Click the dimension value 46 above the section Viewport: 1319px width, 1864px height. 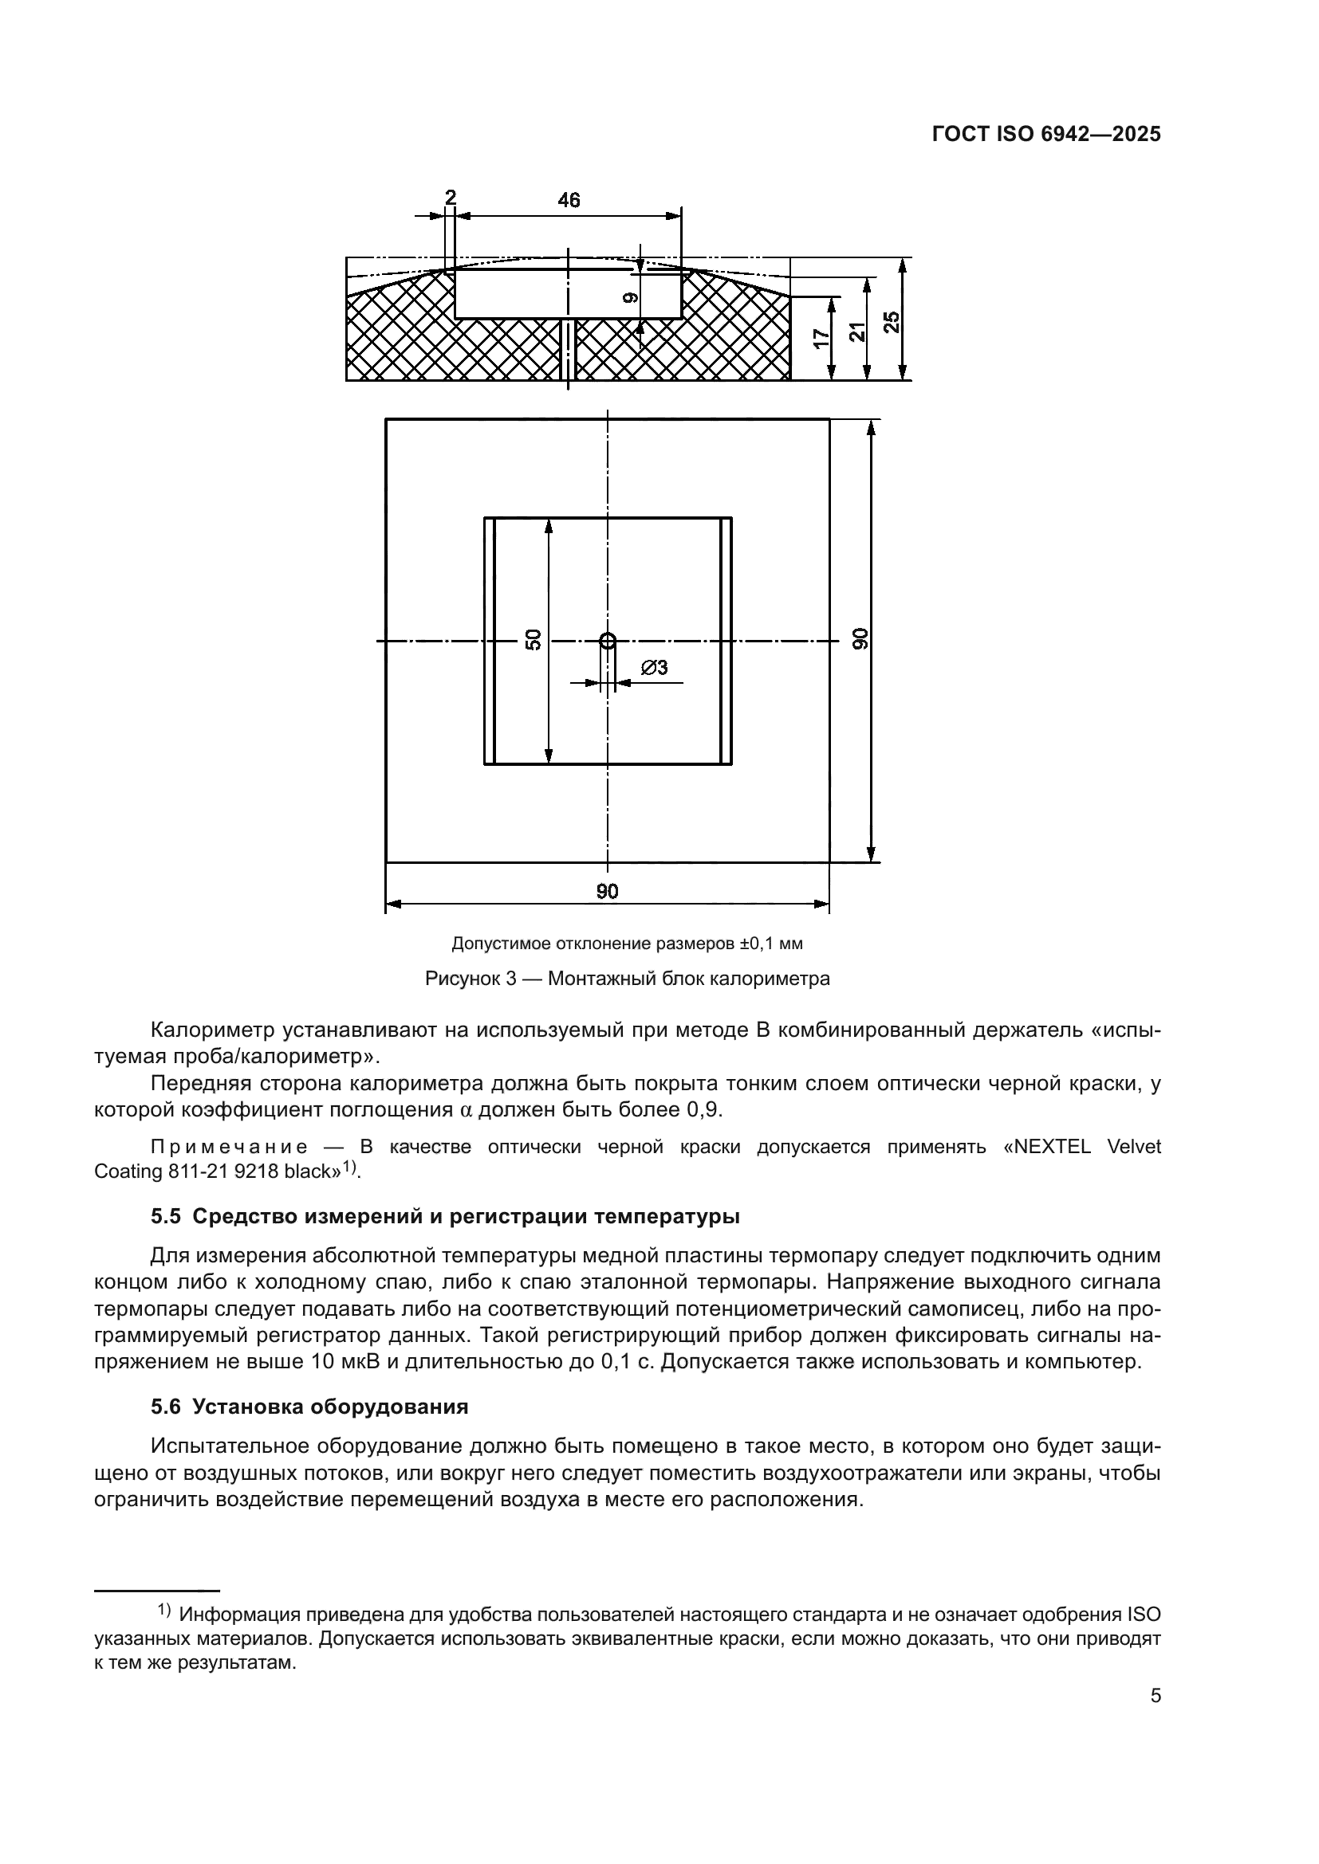tap(569, 200)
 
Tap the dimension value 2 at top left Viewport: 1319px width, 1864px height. tap(450, 198)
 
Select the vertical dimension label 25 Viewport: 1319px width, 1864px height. tap(892, 322)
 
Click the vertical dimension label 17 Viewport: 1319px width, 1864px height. tap(823, 339)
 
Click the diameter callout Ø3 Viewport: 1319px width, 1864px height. tap(654, 667)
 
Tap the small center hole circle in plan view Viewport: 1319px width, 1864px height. tap(608, 641)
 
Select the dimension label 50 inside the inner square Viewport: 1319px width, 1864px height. tap(534, 640)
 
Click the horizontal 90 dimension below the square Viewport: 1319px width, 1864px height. tap(607, 892)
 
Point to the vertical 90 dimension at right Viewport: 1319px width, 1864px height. tap(860, 639)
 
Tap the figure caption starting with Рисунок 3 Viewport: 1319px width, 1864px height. tap(627, 979)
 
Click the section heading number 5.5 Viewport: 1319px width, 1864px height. tap(166, 1217)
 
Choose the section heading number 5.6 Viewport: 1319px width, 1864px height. tap(166, 1407)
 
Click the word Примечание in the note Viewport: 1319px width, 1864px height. tap(230, 1147)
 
